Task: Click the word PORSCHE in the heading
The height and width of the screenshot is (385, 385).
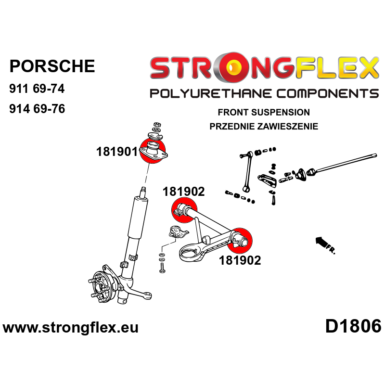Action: tap(52, 66)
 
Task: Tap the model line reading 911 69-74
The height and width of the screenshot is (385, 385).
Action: tap(37, 89)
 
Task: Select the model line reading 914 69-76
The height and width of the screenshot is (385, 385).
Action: tap(37, 109)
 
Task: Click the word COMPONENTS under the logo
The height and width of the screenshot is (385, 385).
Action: tap(328, 94)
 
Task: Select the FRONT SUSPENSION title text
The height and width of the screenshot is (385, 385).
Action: tap(264, 112)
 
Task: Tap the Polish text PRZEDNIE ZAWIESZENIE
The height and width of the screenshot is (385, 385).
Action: tap(264, 127)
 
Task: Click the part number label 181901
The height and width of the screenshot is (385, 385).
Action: tap(117, 152)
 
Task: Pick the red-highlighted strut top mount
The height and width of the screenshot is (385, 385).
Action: tap(153, 151)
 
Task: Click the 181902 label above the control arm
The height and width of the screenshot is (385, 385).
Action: tap(183, 192)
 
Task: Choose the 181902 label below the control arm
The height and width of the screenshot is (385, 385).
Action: tap(240, 260)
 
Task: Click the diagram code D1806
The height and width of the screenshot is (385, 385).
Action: tap(353, 327)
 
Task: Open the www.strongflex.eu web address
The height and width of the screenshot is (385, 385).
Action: tap(70, 328)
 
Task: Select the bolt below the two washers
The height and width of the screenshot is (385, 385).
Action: tap(162, 268)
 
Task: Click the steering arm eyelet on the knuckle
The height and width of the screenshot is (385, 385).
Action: tap(147, 295)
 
